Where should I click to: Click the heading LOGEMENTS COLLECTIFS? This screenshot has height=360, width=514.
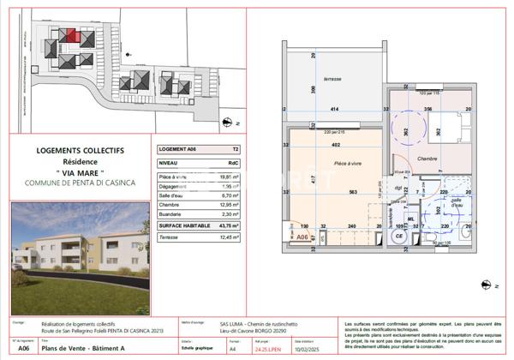tap(80, 151)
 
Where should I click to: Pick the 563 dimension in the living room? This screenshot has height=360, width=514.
tap(351, 192)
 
